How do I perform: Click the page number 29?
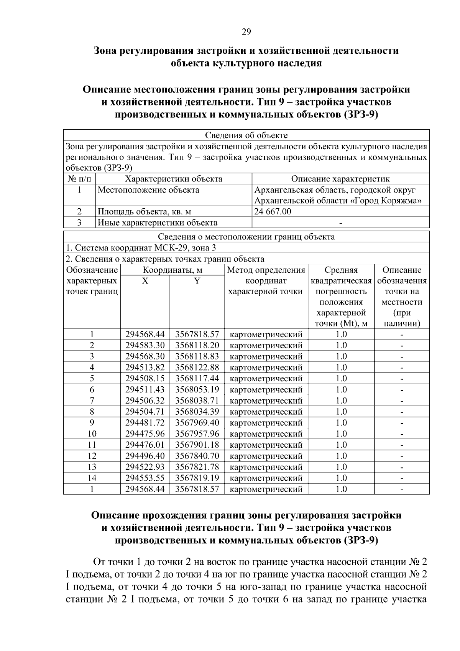point(246,32)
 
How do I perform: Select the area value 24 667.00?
point(273,211)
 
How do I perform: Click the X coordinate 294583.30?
point(145,345)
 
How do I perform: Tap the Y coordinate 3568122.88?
point(197,368)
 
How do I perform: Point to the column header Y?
point(197,281)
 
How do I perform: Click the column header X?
point(145,281)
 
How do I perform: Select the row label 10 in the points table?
point(92,434)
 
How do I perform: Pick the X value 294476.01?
point(145,445)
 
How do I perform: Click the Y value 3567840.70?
point(197,456)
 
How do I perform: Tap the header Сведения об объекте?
point(246,135)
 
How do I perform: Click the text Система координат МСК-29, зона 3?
point(141,248)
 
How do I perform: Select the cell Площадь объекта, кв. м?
point(144,211)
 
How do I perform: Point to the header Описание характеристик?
point(340,179)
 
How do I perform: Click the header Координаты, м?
point(172,270)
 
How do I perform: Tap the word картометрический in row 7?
point(266,401)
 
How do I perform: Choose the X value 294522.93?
point(145,467)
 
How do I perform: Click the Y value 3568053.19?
point(197,390)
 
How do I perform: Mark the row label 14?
point(92,478)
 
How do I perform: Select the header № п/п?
point(79,179)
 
